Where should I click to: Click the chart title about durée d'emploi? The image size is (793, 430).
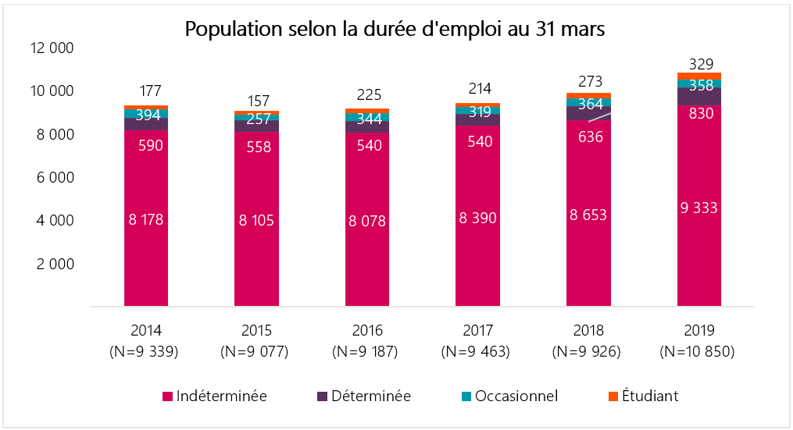pyautogui.click(x=395, y=30)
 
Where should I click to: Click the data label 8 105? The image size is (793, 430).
pyautogui.click(x=256, y=221)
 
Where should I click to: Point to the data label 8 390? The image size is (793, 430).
pyautogui.click(x=478, y=218)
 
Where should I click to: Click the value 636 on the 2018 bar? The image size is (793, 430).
pyautogui.click(x=588, y=137)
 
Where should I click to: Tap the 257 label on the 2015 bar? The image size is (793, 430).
pyautogui.click(x=256, y=119)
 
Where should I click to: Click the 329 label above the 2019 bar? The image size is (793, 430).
pyautogui.click(x=698, y=64)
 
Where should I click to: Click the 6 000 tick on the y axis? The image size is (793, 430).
pyautogui.click(x=54, y=177)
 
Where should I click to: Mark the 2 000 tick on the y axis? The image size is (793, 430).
pyautogui.click(x=54, y=264)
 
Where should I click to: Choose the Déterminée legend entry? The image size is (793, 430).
pyautogui.click(x=364, y=396)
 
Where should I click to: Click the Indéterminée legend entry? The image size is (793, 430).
pyautogui.click(x=215, y=396)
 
